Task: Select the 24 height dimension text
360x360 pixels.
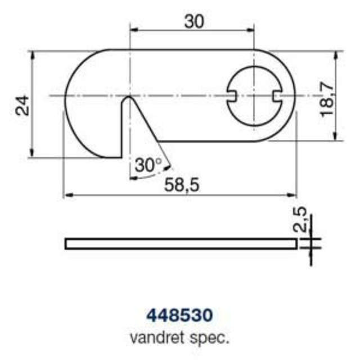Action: (x=22, y=105)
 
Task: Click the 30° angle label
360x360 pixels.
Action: (x=148, y=165)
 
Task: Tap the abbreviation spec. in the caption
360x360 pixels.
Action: (x=213, y=339)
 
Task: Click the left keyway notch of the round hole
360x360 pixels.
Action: (x=233, y=96)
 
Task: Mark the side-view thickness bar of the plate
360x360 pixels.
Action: (x=180, y=244)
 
